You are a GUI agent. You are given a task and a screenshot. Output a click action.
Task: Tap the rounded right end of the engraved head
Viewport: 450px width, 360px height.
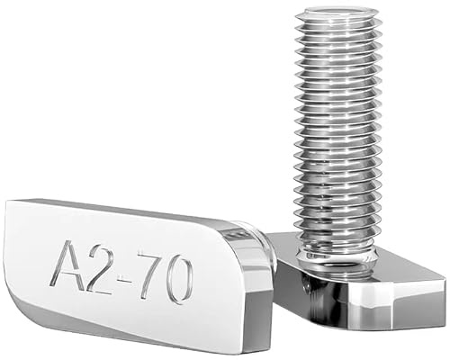pos(256,279)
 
